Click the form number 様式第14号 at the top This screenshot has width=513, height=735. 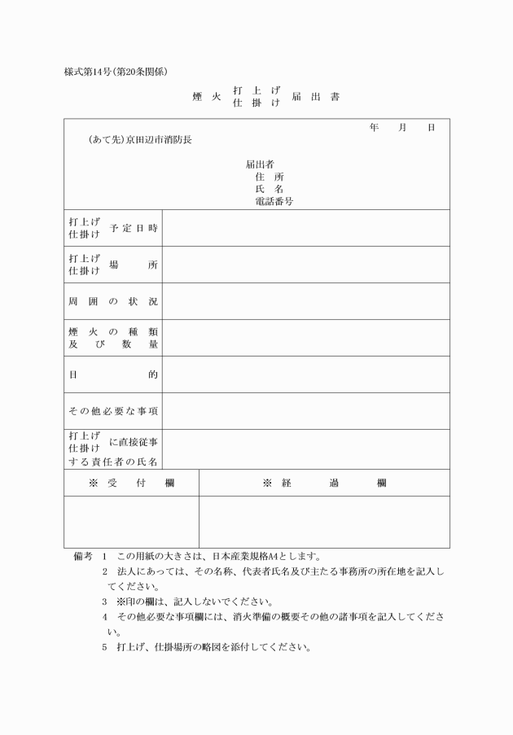[x=91, y=72]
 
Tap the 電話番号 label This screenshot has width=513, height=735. [x=274, y=200]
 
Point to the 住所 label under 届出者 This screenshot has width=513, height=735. [x=270, y=176]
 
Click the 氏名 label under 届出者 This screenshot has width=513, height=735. [x=270, y=188]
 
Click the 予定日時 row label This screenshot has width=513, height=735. [x=133, y=228]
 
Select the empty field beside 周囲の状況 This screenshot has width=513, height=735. [x=305, y=301]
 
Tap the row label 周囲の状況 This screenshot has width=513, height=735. [x=113, y=301]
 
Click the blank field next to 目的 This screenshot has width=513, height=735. [x=305, y=374]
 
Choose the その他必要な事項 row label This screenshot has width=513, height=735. [x=113, y=411]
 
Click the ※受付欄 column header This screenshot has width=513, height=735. [x=131, y=483]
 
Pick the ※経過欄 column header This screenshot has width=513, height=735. [x=324, y=483]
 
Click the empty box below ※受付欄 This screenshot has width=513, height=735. [x=131, y=522]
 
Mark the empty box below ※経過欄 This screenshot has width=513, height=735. [x=324, y=522]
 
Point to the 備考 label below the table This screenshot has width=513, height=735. [x=82, y=557]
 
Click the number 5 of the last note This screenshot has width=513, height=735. [x=105, y=648]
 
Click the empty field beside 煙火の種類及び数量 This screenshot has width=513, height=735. [x=305, y=338]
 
